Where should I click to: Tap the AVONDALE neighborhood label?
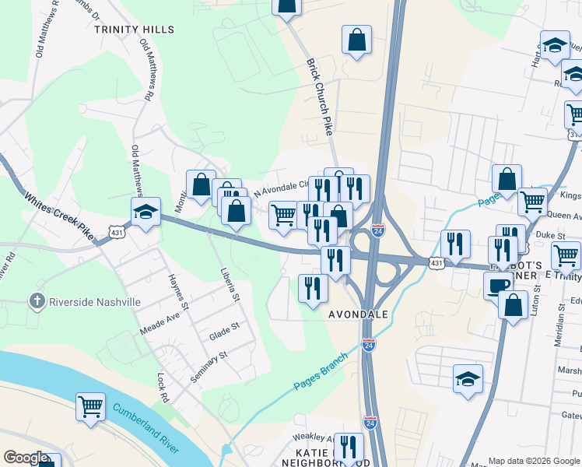pyautogui.click(x=358, y=314)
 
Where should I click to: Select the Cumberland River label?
pyautogui.click(x=145, y=427)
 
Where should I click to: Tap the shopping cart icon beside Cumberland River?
pyautogui.click(x=91, y=406)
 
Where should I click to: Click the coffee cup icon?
pyautogui.click(x=498, y=286)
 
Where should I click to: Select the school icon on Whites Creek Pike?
pyautogui.click(x=145, y=212)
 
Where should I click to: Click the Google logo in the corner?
pyautogui.click(x=26, y=458)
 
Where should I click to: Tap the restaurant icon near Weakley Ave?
pyautogui.click(x=349, y=447)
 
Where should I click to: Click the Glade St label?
pyautogui.click(x=223, y=335)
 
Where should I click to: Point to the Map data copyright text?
pyautogui.click(x=534, y=461)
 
